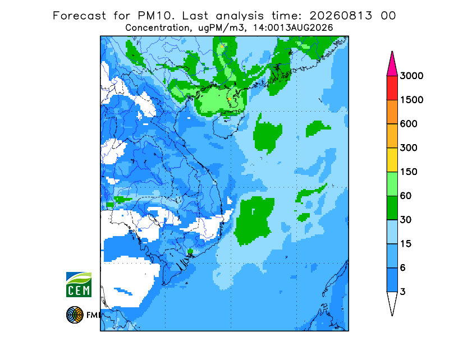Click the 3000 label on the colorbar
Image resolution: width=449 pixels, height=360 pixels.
(x=411, y=76)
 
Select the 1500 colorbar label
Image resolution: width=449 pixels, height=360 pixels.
(x=411, y=100)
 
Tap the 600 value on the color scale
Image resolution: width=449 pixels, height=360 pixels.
(x=409, y=124)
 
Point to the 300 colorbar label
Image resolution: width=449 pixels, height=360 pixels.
(x=409, y=148)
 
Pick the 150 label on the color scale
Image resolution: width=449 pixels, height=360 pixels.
(x=409, y=172)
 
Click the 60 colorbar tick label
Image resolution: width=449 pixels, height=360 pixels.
(x=406, y=196)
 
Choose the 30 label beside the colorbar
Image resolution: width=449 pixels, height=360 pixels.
(x=406, y=220)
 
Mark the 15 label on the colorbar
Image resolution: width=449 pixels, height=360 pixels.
(x=406, y=244)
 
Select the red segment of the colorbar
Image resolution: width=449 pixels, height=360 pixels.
(x=392, y=88)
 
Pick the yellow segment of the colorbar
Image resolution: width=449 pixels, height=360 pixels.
(x=392, y=160)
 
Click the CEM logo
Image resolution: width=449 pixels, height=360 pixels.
(x=79, y=284)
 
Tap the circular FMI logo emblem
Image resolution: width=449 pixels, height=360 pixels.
(x=75, y=315)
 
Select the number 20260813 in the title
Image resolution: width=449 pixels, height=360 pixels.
(x=341, y=16)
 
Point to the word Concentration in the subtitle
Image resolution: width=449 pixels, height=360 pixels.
(x=157, y=28)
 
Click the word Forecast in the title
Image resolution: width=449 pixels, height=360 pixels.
(x=79, y=16)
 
